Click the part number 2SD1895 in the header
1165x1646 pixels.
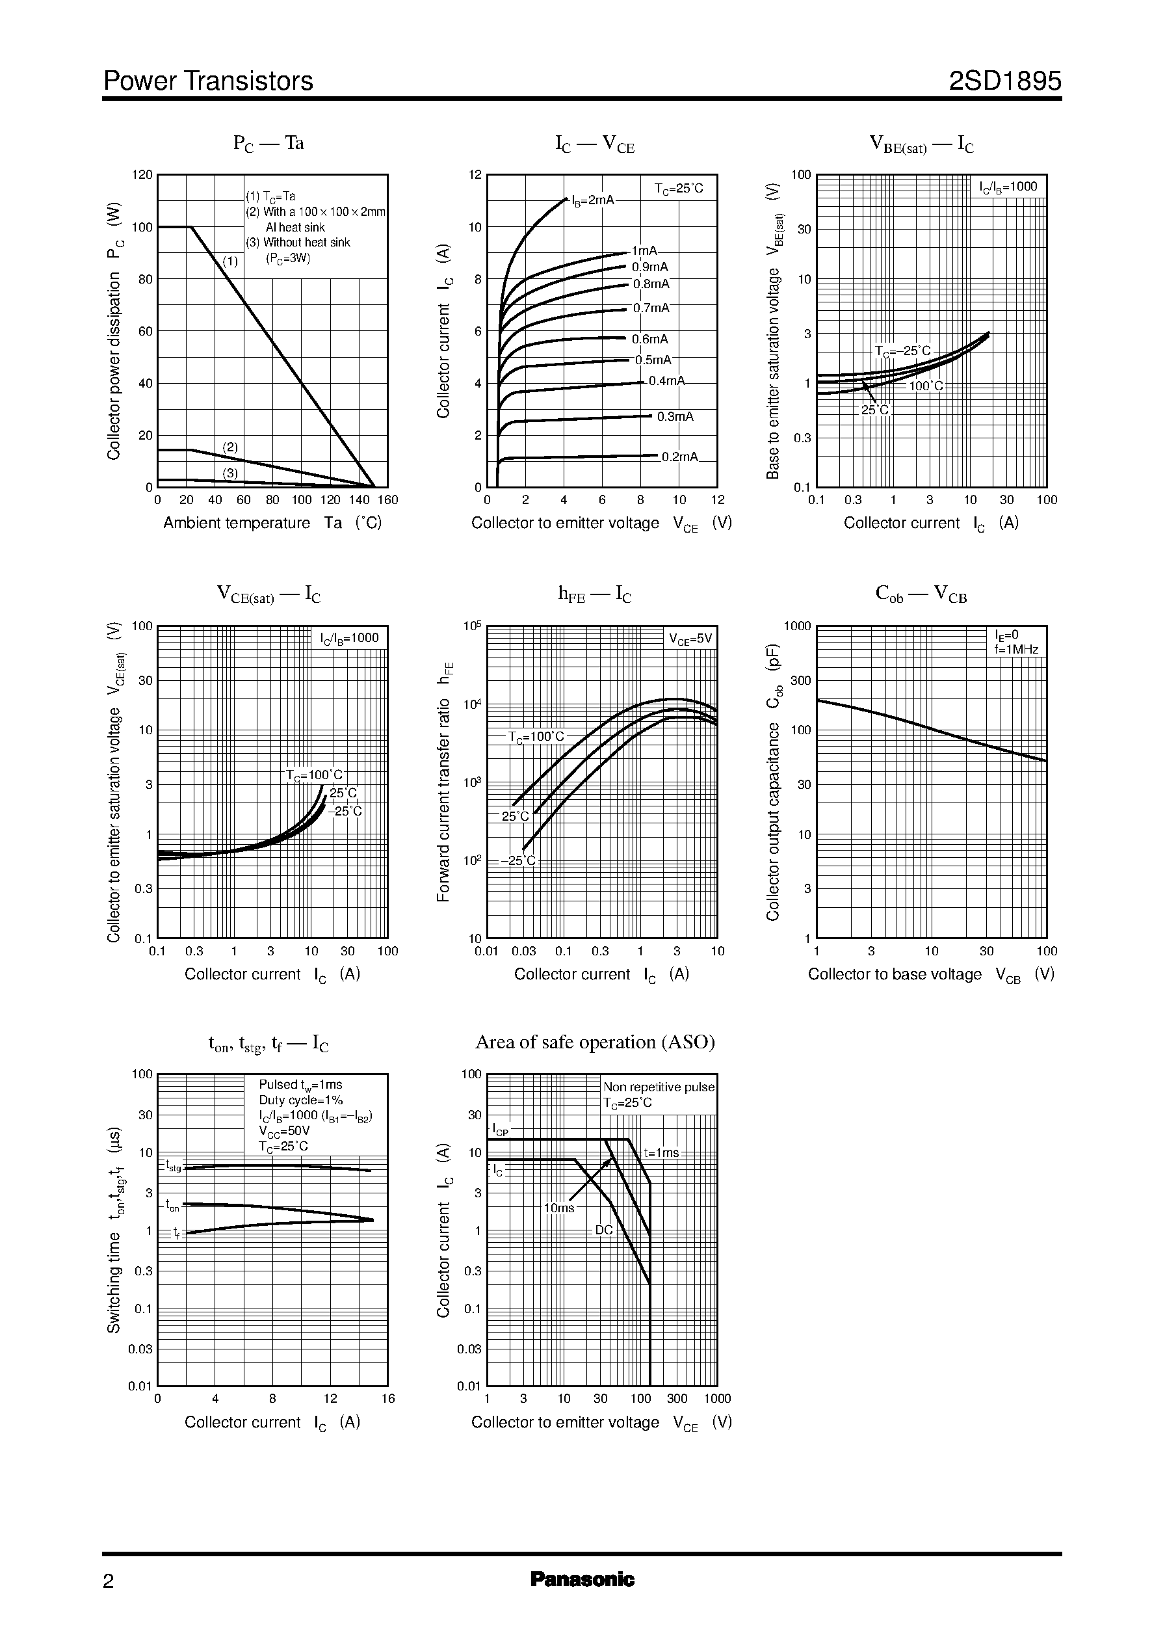point(1004,82)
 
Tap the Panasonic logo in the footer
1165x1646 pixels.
point(582,1579)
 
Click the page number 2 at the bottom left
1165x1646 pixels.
point(109,1582)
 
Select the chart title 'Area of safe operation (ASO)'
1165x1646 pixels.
point(595,1042)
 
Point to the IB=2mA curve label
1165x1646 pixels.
point(592,200)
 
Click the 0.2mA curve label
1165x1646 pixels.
point(679,457)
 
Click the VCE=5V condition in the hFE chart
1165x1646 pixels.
point(690,639)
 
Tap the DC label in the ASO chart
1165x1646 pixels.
point(604,1229)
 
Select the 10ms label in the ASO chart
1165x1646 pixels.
point(559,1208)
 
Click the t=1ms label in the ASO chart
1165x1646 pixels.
point(661,1153)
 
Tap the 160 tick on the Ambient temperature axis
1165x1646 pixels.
point(387,500)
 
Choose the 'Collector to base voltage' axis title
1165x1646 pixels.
point(895,974)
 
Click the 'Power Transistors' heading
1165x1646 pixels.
point(208,82)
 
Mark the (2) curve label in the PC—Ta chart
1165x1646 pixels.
point(229,447)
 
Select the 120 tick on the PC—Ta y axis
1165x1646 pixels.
point(143,175)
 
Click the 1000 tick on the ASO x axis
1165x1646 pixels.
point(716,1398)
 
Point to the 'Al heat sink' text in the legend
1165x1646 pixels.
point(295,228)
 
